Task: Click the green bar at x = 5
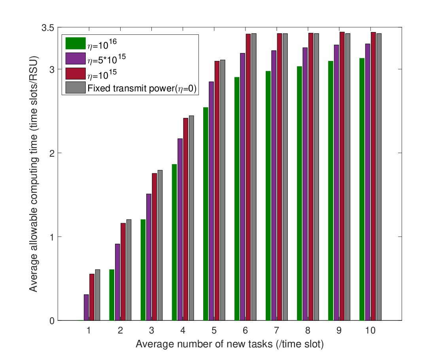pos(206,214)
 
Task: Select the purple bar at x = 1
pos(86,308)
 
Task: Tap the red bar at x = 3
pos(154,247)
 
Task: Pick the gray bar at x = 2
pos(129,270)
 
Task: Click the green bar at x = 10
pos(362,189)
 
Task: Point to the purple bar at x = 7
pos(274,186)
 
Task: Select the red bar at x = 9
pos(342,176)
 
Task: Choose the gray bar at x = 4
pos(191,218)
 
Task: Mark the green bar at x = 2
pos(112,295)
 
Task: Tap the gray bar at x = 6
pos(254,177)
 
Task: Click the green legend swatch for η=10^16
pos(76,44)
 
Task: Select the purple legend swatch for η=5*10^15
pos(76,58)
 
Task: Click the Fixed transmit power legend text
pos(142,88)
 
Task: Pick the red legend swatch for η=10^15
pos(76,73)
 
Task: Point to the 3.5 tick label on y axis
pos(48,28)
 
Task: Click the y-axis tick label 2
pos(52,153)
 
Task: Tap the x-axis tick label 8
pos(308,330)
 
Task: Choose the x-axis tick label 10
pos(370,330)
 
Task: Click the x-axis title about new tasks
pos(230,344)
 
